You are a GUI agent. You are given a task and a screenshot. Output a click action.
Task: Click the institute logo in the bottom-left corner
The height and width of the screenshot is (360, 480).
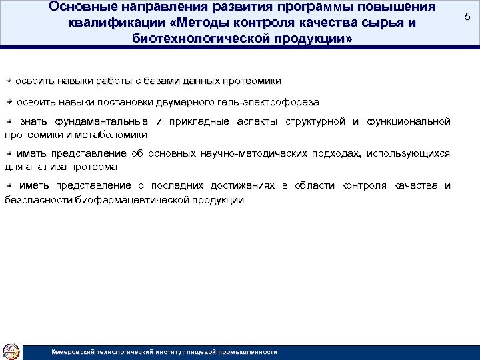[11, 351]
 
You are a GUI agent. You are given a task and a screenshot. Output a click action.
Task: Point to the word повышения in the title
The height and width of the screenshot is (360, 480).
[397, 7]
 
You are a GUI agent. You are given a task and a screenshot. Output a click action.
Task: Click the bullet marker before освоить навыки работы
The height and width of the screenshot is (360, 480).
[9, 80]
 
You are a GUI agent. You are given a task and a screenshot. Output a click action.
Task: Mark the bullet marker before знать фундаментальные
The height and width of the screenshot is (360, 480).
[9, 121]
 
